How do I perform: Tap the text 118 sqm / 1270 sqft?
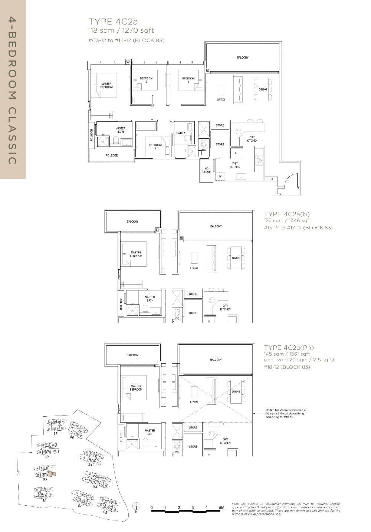[x=121, y=30]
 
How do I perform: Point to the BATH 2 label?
[x=181, y=133]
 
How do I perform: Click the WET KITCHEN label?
[x=235, y=165]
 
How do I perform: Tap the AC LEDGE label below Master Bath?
[x=111, y=155]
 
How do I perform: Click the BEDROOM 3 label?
[x=188, y=80]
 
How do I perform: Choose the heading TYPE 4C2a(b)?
[x=287, y=214]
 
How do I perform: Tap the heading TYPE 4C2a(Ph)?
[x=289, y=348]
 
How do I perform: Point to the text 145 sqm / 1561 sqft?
[x=287, y=354]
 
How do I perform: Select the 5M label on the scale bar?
[x=221, y=507]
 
